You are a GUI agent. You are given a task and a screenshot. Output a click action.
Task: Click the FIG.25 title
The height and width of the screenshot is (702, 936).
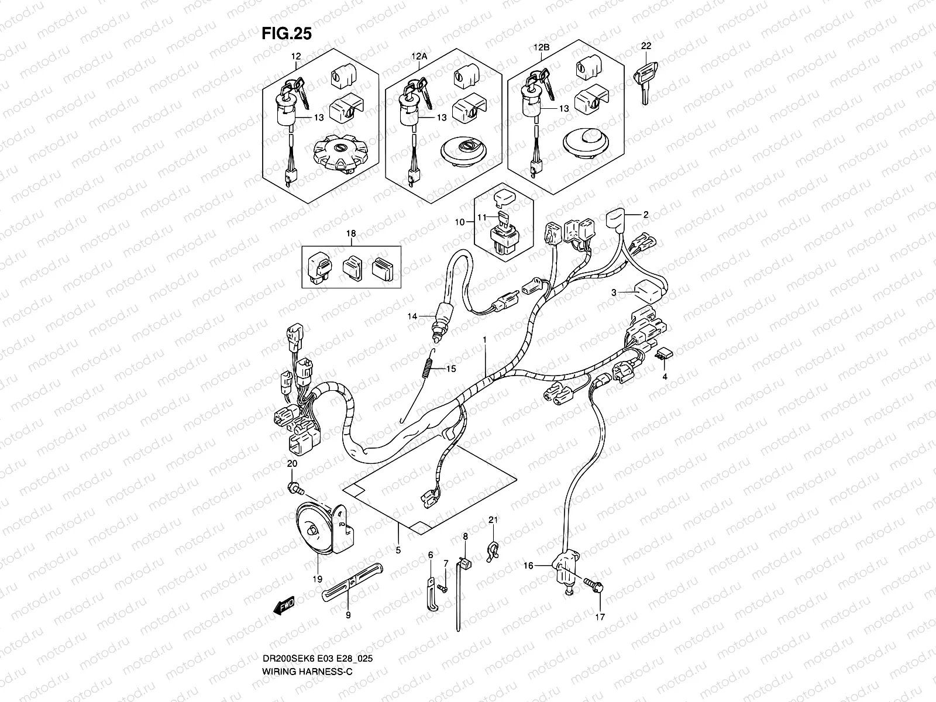pos(287,34)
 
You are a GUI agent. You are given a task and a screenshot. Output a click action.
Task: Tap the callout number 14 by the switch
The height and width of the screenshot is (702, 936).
pos(413,316)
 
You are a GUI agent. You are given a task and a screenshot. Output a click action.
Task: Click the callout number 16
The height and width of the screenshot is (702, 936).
pos(528,566)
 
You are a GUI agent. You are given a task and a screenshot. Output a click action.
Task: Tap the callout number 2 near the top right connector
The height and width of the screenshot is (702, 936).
pos(646,215)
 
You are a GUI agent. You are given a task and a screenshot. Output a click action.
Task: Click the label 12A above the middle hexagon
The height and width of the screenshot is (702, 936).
pos(420,57)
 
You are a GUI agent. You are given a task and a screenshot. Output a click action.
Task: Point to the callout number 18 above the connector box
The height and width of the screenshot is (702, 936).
pos(351,233)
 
